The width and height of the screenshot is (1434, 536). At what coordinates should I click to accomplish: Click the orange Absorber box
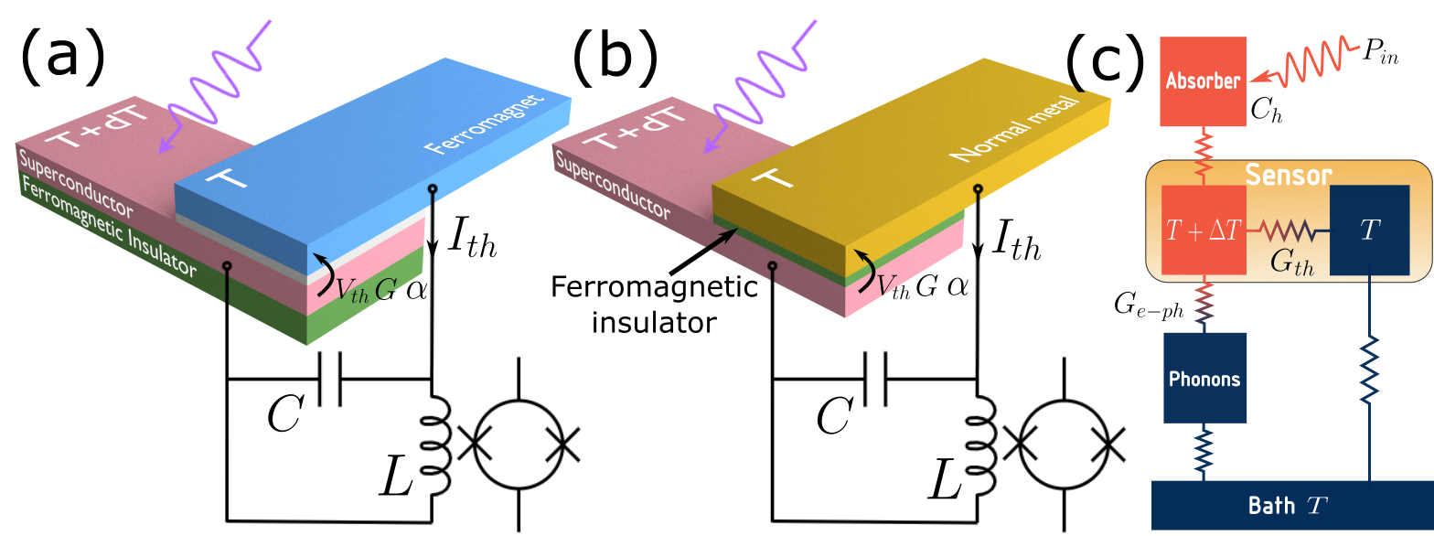click(1203, 81)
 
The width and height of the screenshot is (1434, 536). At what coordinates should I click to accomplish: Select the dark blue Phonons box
click(1204, 378)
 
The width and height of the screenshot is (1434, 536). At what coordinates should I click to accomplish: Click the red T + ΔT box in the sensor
click(1203, 230)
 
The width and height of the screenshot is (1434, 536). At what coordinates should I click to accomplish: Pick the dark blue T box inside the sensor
click(1368, 230)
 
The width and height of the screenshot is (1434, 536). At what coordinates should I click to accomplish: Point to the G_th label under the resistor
click(1292, 261)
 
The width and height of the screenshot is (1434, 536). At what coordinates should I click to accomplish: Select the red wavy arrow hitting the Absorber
click(1308, 64)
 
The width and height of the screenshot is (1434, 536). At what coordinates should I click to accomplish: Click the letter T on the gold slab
click(772, 177)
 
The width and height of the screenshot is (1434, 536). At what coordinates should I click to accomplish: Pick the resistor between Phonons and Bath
click(1204, 450)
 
